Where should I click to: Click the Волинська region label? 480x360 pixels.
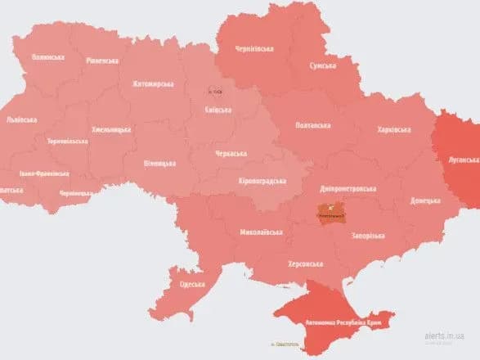pos(47,57)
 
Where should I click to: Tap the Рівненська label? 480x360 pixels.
pos(101,61)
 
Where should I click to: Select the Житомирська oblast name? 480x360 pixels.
pos(153,83)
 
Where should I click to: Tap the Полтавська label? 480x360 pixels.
pos(312,125)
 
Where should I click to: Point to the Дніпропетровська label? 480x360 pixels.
pos(360,185)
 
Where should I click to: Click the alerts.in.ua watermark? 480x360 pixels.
pos(445,336)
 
